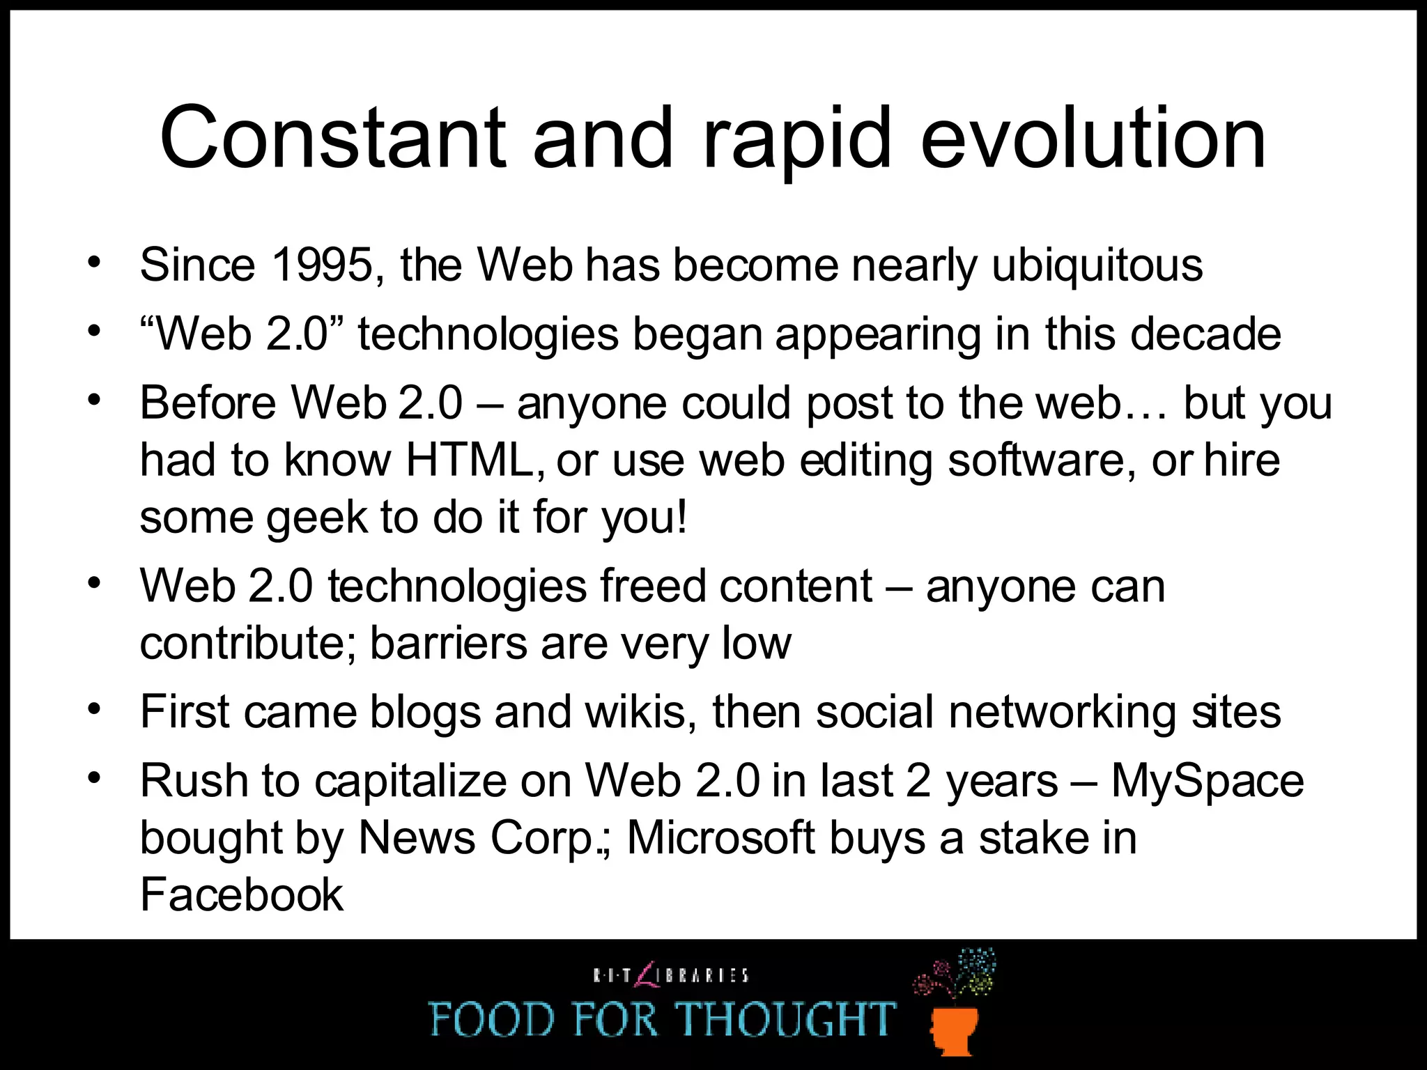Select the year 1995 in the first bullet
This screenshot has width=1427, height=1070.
click(x=321, y=265)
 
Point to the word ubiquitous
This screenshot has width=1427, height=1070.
click(x=1097, y=265)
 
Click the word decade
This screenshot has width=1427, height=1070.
click(x=1205, y=334)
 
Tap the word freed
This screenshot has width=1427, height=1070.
click(x=653, y=586)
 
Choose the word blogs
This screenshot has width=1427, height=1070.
click(x=425, y=712)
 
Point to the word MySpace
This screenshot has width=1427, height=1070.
click(x=1207, y=781)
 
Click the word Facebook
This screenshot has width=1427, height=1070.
click(x=242, y=894)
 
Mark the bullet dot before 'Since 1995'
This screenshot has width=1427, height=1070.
click(x=95, y=263)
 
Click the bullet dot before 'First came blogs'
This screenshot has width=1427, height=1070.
click(x=95, y=709)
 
